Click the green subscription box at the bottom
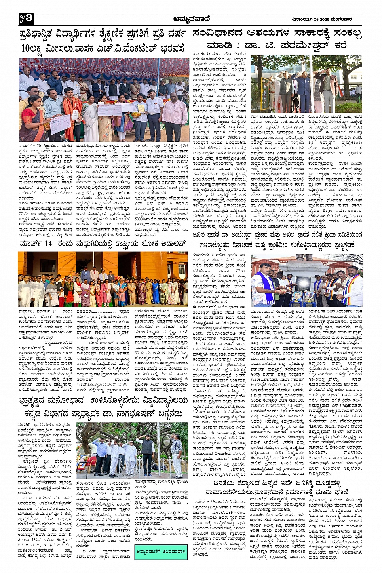(161, 552)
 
